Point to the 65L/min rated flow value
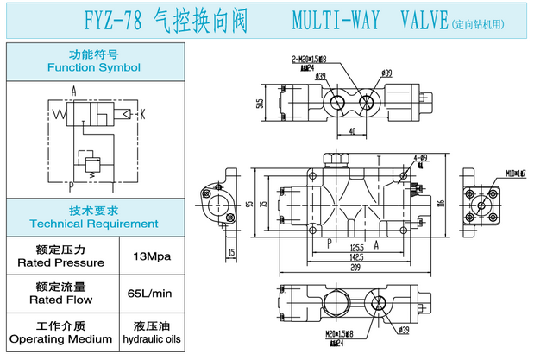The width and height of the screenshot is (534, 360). coord(148,294)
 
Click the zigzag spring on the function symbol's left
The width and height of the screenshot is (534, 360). coord(61,113)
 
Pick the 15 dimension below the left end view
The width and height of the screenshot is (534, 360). coord(232,253)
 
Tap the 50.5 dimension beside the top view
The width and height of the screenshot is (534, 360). coord(260,104)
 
